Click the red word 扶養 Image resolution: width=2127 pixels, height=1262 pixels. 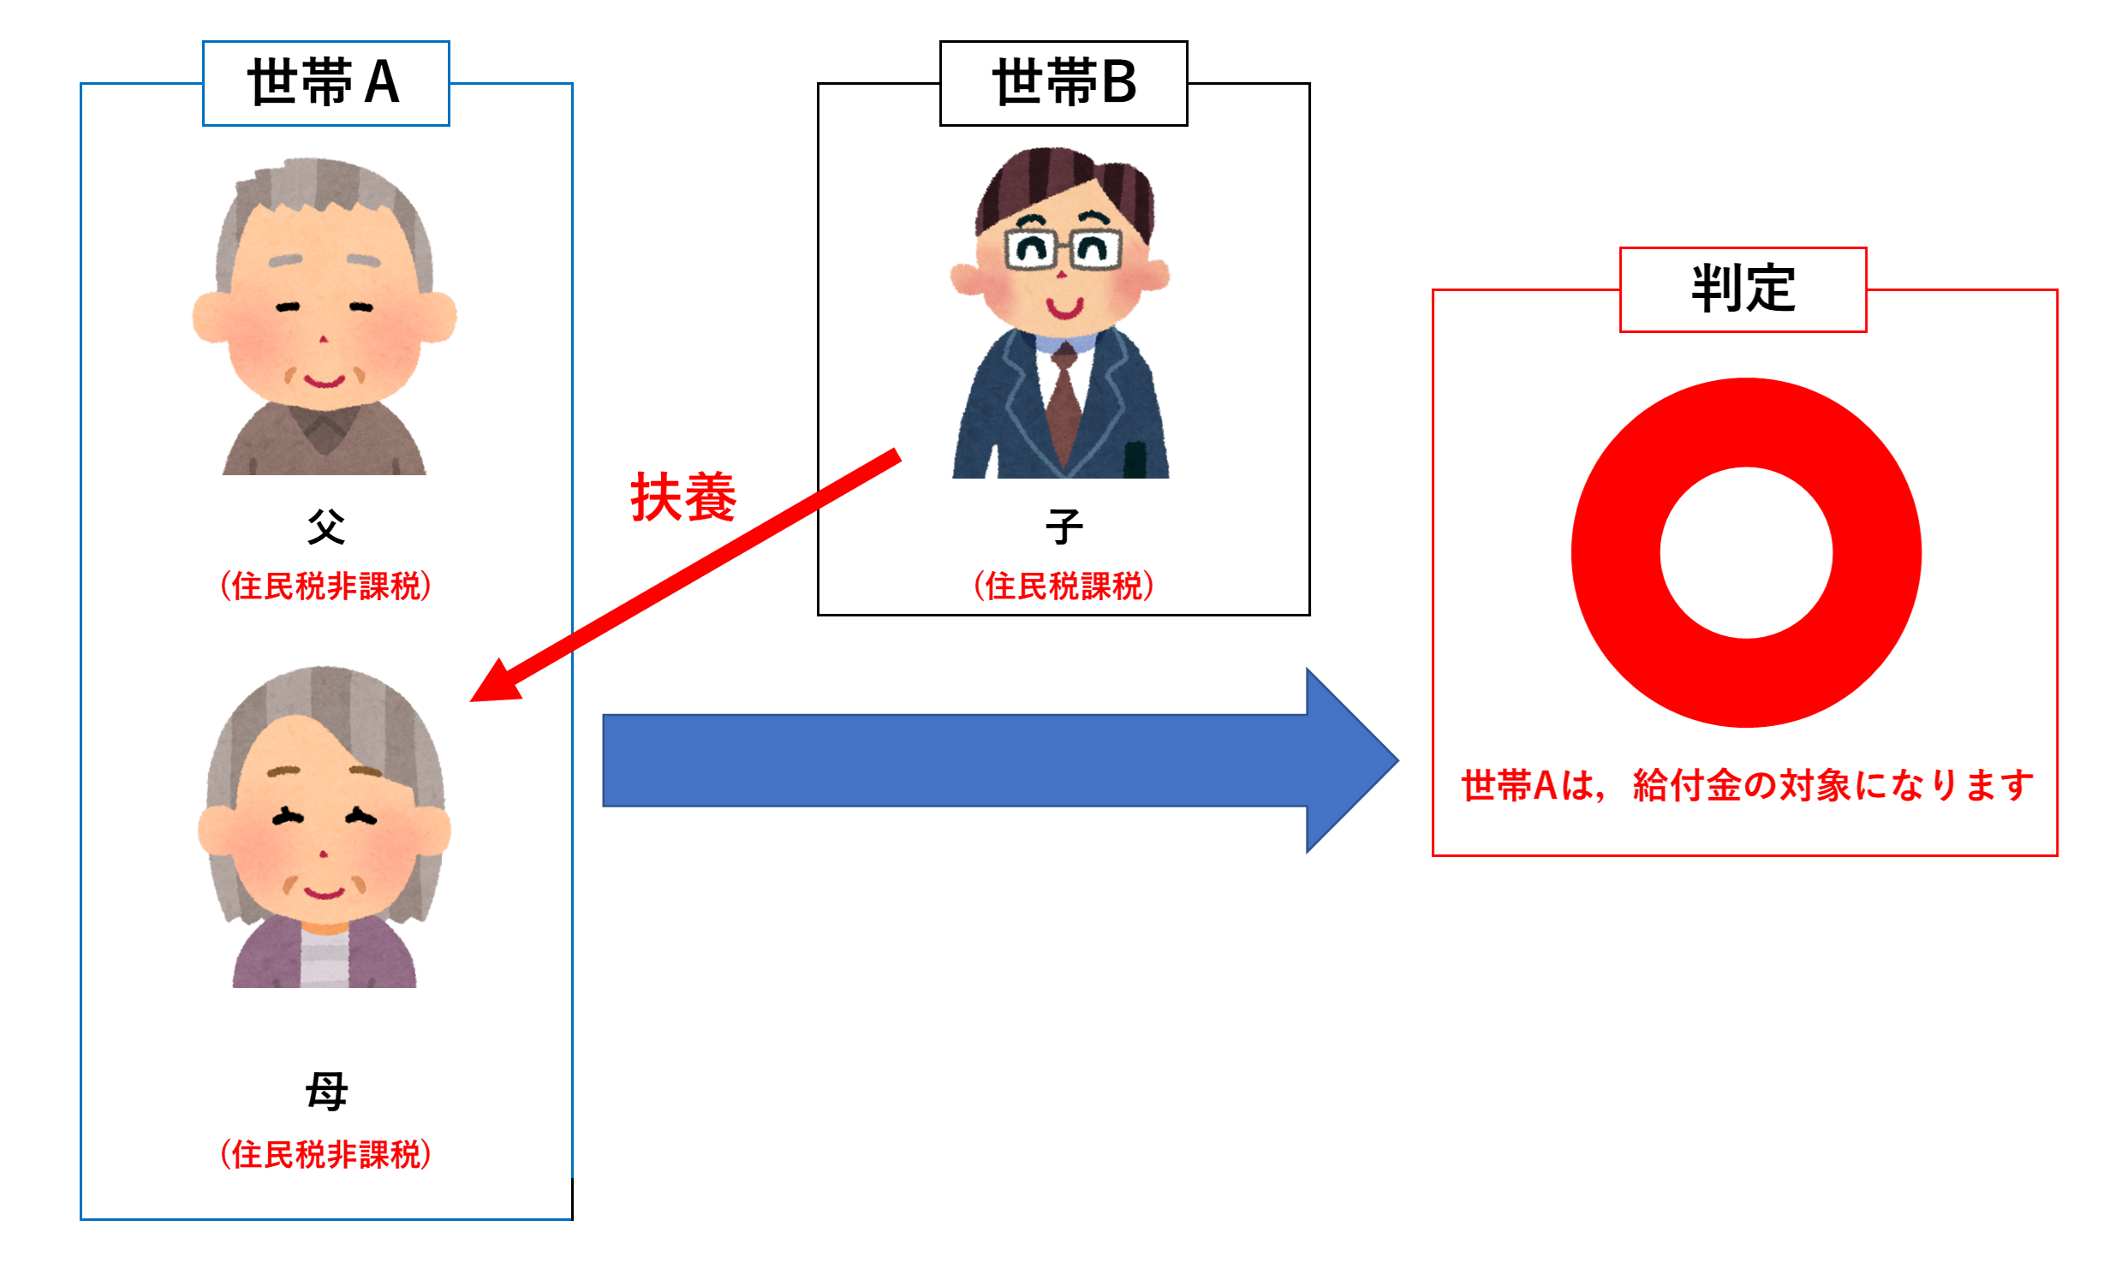[683, 497]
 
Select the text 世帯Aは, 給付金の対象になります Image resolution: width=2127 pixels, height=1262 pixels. [1747, 786]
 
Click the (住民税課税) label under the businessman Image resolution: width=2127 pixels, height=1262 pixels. [1064, 586]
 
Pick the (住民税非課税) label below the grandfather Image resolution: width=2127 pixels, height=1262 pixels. [326, 586]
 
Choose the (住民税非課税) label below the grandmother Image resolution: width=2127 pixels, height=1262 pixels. [326, 1155]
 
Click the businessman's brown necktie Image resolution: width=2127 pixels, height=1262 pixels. [1063, 402]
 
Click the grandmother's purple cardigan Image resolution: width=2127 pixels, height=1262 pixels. [265, 955]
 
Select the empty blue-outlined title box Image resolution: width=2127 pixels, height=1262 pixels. [326, 83]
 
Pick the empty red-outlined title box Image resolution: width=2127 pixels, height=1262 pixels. [1743, 289]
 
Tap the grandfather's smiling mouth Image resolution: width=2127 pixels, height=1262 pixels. [325, 380]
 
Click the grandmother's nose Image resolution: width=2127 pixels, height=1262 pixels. [323, 854]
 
